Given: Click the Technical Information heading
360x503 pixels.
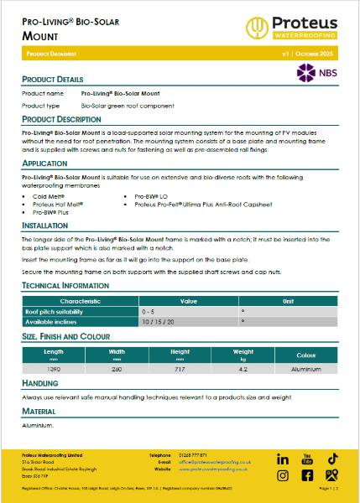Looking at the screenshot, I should [x=65, y=286].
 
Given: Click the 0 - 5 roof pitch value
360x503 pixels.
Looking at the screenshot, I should [x=149, y=310].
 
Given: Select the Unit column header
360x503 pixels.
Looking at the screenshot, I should [x=288, y=299].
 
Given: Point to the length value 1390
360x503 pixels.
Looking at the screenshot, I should [x=53, y=368].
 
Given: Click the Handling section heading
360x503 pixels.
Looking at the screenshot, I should [x=39, y=382].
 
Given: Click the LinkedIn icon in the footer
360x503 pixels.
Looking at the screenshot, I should [x=283, y=459].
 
